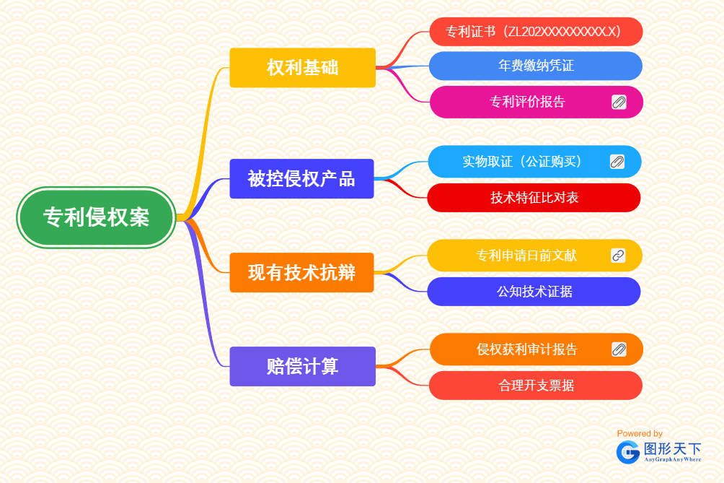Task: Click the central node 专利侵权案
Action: point(97,217)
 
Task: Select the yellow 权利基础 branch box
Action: point(302,68)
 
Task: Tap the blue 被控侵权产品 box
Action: point(301,178)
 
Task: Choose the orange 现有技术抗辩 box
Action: point(301,272)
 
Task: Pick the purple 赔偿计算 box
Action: point(302,366)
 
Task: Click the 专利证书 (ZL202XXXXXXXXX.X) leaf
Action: point(535,32)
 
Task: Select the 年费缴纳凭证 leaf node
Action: point(535,66)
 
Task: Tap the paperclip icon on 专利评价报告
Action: point(619,102)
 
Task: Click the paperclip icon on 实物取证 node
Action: point(617,161)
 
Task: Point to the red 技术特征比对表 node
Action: point(534,198)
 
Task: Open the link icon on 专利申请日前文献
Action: point(618,255)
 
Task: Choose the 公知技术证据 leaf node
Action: point(534,292)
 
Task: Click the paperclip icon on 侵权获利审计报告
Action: point(619,349)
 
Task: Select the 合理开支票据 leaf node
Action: point(536,386)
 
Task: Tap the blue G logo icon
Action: point(628,452)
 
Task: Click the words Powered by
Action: point(640,433)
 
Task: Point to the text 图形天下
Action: point(672,448)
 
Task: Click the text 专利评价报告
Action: point(527,102)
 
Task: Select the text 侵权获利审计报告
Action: point(526,349)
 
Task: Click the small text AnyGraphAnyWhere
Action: point(672,459)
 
